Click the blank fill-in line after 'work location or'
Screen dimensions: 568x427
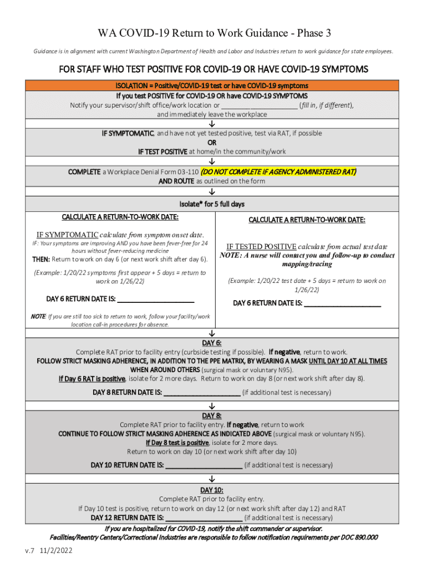[260, 105]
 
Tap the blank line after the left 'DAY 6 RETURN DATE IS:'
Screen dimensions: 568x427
[156, 300]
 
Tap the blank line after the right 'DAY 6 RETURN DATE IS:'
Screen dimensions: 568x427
[343, 304]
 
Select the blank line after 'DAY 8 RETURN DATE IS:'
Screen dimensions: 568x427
[202, 393]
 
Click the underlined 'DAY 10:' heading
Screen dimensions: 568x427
[212, 490]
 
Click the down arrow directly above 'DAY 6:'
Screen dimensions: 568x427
[212, 334]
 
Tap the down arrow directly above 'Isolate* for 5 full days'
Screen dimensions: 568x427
[212, 194]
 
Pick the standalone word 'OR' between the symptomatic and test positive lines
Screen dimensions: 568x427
[212, 142]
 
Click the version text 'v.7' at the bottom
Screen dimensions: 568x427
[29, 551]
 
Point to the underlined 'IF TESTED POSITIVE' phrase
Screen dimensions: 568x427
[261, 246]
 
